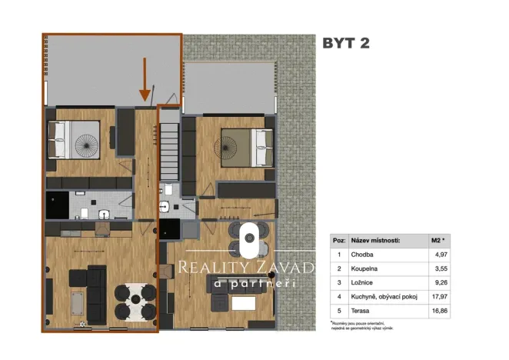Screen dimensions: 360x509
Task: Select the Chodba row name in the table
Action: (364, 255)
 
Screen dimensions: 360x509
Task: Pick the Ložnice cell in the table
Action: (364, 283)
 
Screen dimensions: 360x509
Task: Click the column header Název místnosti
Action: (378, 240)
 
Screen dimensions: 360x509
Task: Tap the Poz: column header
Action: (338, 240)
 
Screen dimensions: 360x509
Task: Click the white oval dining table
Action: (248, 241)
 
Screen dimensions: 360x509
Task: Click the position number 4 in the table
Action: (338, 298)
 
